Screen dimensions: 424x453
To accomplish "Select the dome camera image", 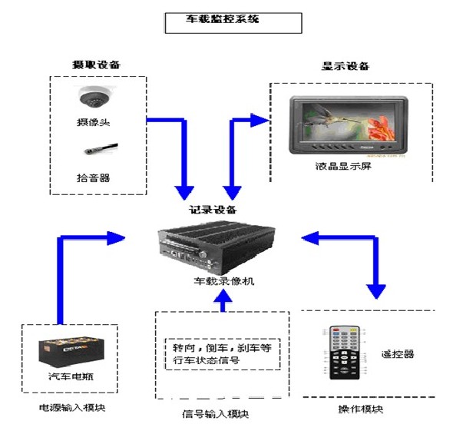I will pos(96,98).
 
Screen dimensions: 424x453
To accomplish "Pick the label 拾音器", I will pos(94,177).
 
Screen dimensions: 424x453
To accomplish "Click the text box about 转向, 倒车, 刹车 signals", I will pos(221,353).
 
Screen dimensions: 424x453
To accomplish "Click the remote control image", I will pos(345,353).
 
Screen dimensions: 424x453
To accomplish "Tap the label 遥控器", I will pos(397,354).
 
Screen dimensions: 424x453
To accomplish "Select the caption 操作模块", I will pos(360,408).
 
